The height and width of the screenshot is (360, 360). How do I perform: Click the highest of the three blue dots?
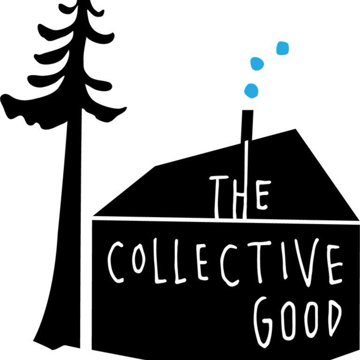pyautogui.click(x=283, y=48)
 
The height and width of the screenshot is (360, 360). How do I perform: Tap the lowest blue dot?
pyautogui.click(x=251, y=90)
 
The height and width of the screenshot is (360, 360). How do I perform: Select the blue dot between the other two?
pyautogui.click(x=257, y=63)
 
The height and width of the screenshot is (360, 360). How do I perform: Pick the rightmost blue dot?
pyautogui.click(x=283, y=48)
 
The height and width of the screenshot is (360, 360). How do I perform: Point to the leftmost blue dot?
pyautogui.click(x=251, y=90)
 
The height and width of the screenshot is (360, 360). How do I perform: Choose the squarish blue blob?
pyautogui.click(x=283, y=48)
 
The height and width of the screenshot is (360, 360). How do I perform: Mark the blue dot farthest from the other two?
pyautogui.click(x=283, y=48)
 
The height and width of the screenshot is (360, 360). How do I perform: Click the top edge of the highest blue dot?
pyautogui.click(x=283, y=41)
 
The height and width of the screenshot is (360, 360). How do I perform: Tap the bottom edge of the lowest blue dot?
pyautogui.click(x=251, y=99)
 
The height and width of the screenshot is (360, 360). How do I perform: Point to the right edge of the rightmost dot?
pyautogui.click(x=290, y=48)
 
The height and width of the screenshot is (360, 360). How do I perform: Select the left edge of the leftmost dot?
pyautogui.click(x=243, y=90)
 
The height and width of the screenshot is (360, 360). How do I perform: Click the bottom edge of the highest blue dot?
pyautogui.click(x=283, y=56)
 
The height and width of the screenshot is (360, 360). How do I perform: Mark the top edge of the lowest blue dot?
pyautogui.click(x=251, y=82)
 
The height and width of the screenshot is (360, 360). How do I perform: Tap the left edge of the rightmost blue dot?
pyautogui.click(x=276, y=48)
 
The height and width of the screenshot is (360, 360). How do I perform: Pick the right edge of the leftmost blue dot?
pyautogui.click(x=259, y=90)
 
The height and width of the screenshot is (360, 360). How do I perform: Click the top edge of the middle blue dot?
pyautogui.click(x=256, y=56)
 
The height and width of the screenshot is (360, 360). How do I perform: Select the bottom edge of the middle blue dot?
pyautogui.click(x=257, y=71)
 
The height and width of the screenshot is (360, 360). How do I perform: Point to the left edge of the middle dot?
pyautogui.click(x=249, y=63)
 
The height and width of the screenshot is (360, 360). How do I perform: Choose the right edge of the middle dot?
pyautogui.click(x=265, y=63)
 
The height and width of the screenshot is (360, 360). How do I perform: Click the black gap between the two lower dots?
pyautogui.click(x=254, y=77)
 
